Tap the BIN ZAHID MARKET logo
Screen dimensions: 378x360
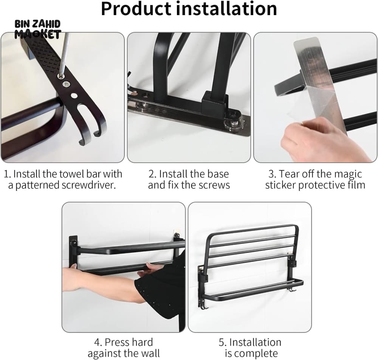click(37, 29)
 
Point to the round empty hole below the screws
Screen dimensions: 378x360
click(74, 96)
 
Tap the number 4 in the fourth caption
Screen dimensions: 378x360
click(98, 342)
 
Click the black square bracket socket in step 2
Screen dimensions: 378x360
click(215, 101)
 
